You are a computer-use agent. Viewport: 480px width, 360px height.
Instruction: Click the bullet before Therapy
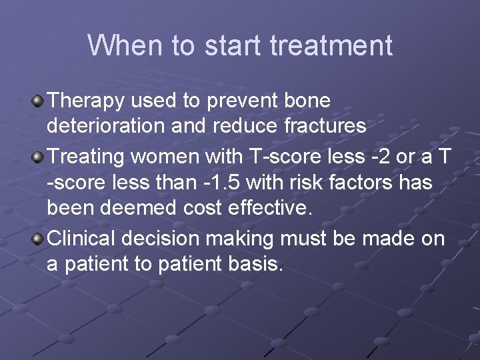click(39, 101)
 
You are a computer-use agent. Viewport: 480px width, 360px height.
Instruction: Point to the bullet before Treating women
click(39, 157)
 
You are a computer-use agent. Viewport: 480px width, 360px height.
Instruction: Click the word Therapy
click(87, 101)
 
